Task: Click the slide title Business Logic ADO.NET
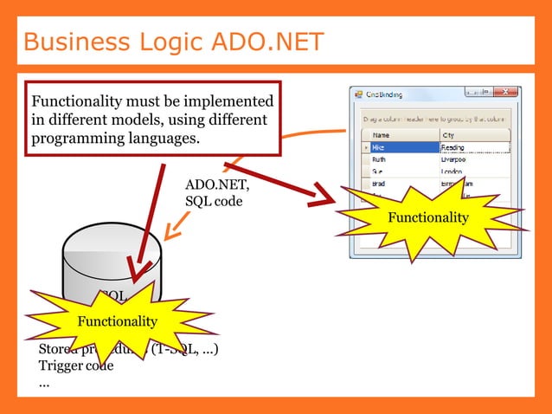(173, 41)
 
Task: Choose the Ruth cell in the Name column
(381, 159)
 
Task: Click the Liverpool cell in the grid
(459, 159)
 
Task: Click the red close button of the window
(505, 93)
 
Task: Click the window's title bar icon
(357, 94)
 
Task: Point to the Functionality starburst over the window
(427, 217)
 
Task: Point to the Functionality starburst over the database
(118, 322)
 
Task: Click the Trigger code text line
(76, 365)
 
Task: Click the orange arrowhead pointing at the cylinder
(171, 231)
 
